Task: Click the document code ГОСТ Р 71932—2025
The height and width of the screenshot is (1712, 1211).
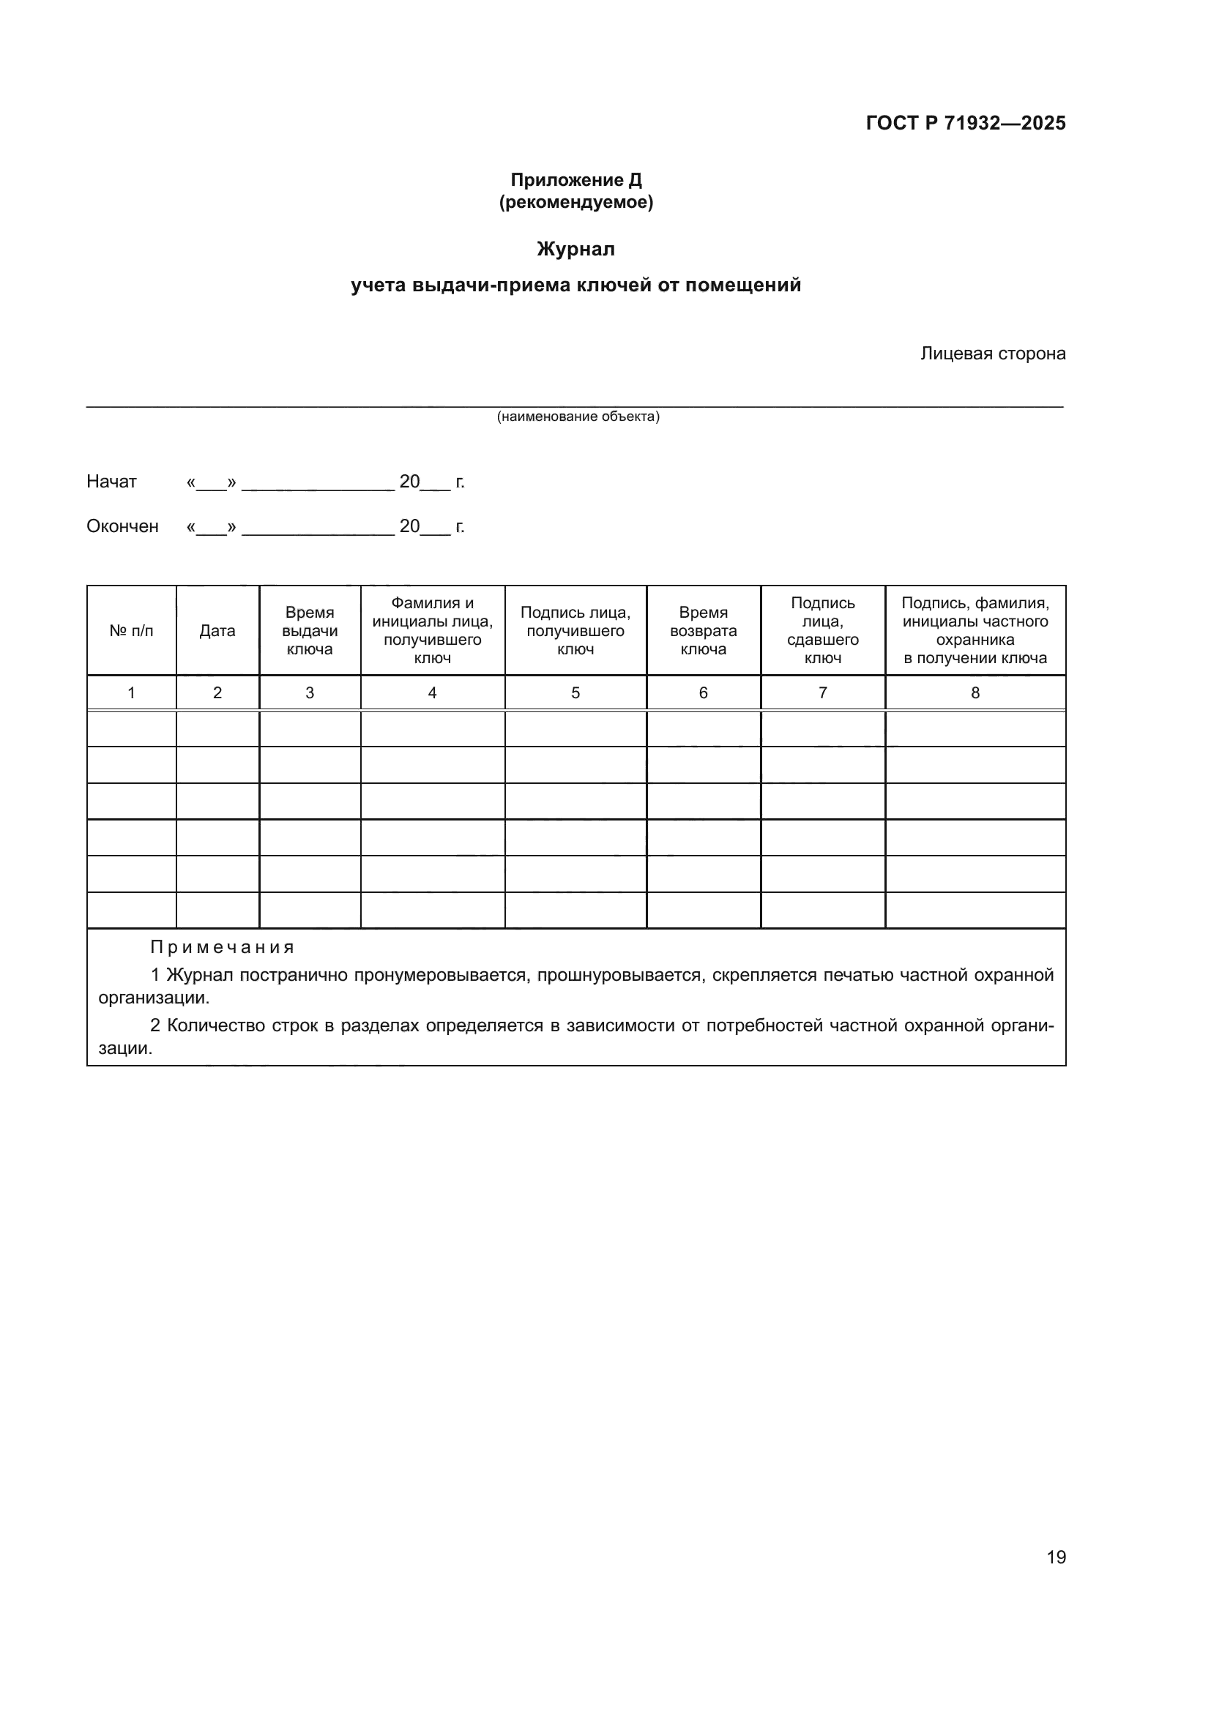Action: pos(966,123)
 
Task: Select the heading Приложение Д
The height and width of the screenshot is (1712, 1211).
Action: pos(575,180)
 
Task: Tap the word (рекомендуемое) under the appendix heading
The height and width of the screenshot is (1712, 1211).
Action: pos(575,202)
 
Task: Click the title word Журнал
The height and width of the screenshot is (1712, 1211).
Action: pos(575,249)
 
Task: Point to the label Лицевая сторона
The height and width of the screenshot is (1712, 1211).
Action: pos(993,354)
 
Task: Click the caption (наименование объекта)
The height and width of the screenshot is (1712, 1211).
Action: pos(578,416)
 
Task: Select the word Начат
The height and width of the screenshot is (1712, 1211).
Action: pos(112,482)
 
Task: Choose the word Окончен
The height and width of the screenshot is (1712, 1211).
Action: pos(122,526)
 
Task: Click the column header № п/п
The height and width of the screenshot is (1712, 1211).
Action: pos(131,631)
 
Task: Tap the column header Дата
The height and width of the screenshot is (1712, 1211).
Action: pos(217,631)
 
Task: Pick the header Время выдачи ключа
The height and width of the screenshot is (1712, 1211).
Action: pos(310,631)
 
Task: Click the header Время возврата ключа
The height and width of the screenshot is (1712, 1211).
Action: pos(703,631)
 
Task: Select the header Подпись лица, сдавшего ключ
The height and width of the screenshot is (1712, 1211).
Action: pos(822,631)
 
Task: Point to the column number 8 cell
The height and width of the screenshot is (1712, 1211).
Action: pos(975,692)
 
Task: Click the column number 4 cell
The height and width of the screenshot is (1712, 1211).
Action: pos(432,692)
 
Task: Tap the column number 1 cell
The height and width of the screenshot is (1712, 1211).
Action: pos(131,692)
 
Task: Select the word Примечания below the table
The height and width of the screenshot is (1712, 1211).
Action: pos(223,947)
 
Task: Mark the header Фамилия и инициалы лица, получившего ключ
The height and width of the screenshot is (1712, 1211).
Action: pos(432,631)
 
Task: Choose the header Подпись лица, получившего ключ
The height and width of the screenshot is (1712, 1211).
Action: pos(575,631)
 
